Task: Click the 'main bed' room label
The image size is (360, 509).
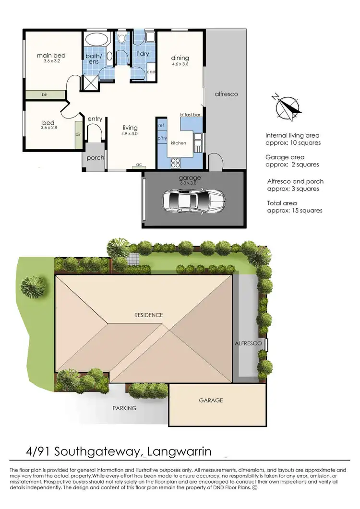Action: pyautogui.click(x=51, y=56)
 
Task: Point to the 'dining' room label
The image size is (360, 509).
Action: pyautogui.click(x=180, y=58)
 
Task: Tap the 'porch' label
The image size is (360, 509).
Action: pyautogui.click(x=95, y=158)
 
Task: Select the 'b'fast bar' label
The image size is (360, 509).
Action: pyautogui.click(x=190, y=115)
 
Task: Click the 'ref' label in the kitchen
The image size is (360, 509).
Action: pyautogui.click(x=161, y=125)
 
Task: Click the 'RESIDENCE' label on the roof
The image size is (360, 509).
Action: pyautogui.click(x=148, y=315)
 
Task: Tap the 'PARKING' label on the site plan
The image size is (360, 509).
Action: pyautogui.click(x=124, y=408)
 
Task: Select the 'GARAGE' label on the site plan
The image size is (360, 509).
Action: pyautogui.click(x=211, y=400)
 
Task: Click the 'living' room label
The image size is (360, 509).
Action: pyautogui.click(x=130, y=128)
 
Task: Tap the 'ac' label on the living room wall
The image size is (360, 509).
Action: pyautogui.click(x=139, y=165)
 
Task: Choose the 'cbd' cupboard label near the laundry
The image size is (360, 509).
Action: pyautogui.click(x=151, y=71)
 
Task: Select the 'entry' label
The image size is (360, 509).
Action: pyautogui.click(x=95, y=118)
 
